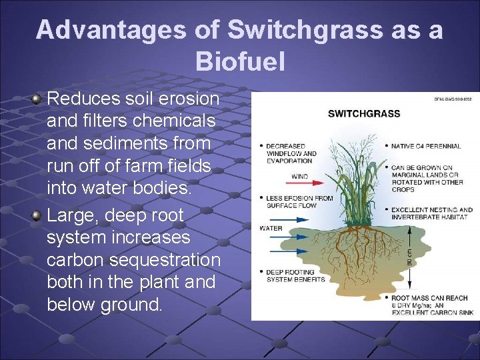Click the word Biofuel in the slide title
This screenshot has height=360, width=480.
(x=240, y=61)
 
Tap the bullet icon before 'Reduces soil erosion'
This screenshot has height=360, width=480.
(x=37, y=99)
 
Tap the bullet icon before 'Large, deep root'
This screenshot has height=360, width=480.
(x=37, y=216)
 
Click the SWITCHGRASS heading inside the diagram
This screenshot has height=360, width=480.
(x=364, y=113)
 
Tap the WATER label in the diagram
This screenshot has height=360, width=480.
(x=271, y=228)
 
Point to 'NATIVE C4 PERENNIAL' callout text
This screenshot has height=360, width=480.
(x=423, y=145)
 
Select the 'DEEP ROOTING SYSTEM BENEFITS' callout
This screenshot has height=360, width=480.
(x=295, y=275)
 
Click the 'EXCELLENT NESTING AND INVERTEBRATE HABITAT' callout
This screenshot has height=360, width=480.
(x=431, y=213)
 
